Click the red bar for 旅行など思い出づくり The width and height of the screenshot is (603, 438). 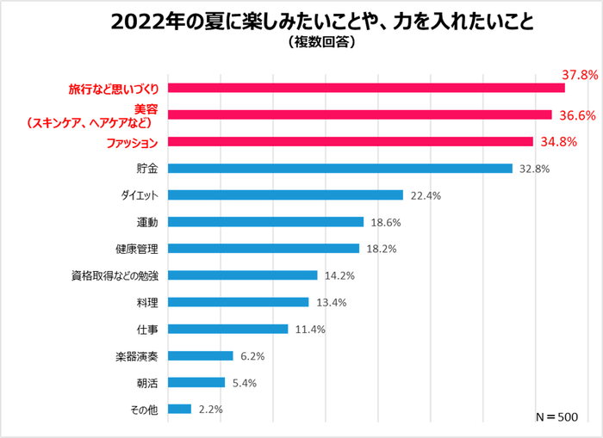[x=366, y=88]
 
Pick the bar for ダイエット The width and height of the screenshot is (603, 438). [x=285, y=195]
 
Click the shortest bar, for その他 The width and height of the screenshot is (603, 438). [x=180, y=409]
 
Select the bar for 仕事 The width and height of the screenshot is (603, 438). [x=228, y=329]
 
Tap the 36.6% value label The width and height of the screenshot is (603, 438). [x=576, y=114]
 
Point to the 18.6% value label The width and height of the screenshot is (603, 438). [x=386, y=222]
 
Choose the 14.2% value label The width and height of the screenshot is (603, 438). [x=340, y=275]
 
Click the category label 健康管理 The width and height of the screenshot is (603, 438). [x=136, y=249]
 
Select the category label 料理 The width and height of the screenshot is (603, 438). [x=147, y=302]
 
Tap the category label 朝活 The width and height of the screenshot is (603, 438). [x=147, y=382]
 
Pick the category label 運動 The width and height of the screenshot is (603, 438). [x=147, y=222]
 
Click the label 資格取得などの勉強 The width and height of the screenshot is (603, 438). [x=115, y=275]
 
